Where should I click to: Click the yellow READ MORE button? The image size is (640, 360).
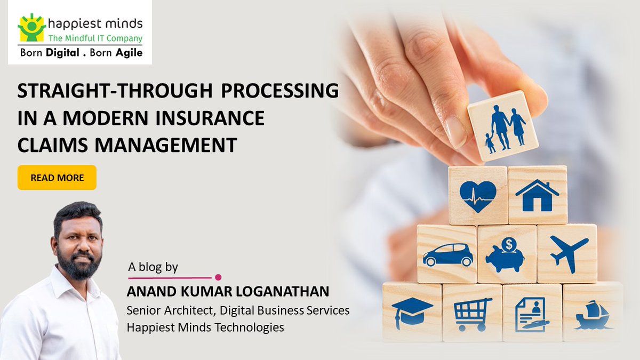(x=57, y=178)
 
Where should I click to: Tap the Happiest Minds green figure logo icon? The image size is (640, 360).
(x=31, y=27)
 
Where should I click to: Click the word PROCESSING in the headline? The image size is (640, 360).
(x=279, y=91)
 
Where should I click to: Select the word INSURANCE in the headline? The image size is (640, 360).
(x=210, y=118)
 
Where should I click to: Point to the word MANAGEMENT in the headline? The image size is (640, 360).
(x=166, y=145)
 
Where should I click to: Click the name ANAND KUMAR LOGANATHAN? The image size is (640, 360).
(x=228, y=292)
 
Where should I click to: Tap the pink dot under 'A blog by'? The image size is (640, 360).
(x=218, y=277)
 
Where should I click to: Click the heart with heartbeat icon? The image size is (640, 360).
(x=478, y=197)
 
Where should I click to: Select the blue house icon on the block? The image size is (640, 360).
(x=537, y=195)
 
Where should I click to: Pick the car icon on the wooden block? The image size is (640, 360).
(x=447, y=255)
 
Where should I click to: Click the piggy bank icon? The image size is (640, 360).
(x=505, y=255)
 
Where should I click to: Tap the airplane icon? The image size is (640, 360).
(x=569, y=253)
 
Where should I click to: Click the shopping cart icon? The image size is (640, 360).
(x=473, y=314)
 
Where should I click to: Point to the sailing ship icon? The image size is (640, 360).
(x=593, y=315)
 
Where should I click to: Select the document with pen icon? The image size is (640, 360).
(x=532, y=315)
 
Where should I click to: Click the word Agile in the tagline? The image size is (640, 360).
(x=129, y=53)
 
